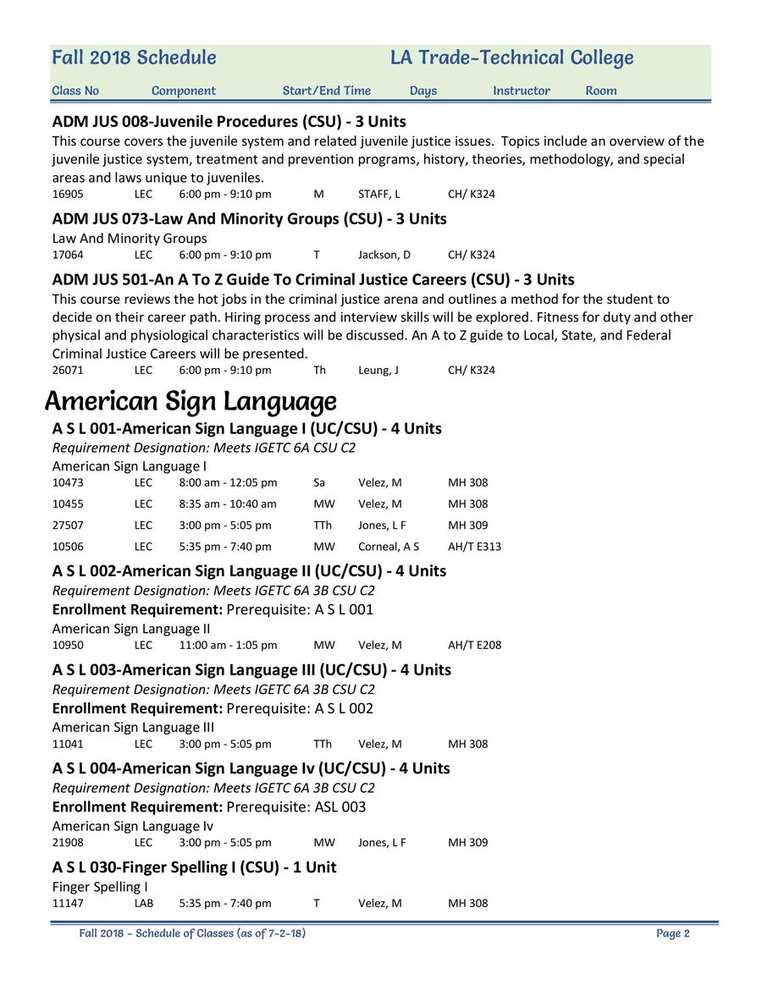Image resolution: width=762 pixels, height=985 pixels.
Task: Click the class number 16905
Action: pos(68,195)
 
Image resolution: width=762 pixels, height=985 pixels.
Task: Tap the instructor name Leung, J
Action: pos(378,371)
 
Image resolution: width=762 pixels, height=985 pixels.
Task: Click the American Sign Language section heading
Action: pos(190,401)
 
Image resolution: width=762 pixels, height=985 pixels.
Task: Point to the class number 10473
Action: pos(68,483)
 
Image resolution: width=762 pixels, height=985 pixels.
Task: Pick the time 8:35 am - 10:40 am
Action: pos(228,504)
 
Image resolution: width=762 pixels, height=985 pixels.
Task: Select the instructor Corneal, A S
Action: pos(388,547)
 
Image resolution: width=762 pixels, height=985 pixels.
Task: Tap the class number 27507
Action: pos(68,526)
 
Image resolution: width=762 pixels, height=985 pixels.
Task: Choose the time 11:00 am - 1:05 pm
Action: pos(228,646)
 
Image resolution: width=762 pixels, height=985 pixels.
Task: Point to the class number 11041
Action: pos(68,745)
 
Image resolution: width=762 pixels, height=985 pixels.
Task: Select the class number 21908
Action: pos(68,843)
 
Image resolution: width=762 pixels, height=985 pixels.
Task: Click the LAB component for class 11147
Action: pos(144,904)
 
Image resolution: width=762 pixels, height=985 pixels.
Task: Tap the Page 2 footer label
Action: pos(673,934)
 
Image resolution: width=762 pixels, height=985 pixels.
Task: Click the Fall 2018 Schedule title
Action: pos(134,58)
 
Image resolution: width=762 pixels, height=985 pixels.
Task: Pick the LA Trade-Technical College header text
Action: pos(511,58)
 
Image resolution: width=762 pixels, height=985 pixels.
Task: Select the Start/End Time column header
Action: pos(327,91)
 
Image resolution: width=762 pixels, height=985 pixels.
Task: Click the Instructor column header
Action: pos(522,91)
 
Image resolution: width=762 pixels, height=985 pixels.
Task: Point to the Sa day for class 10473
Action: pos(319,483)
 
